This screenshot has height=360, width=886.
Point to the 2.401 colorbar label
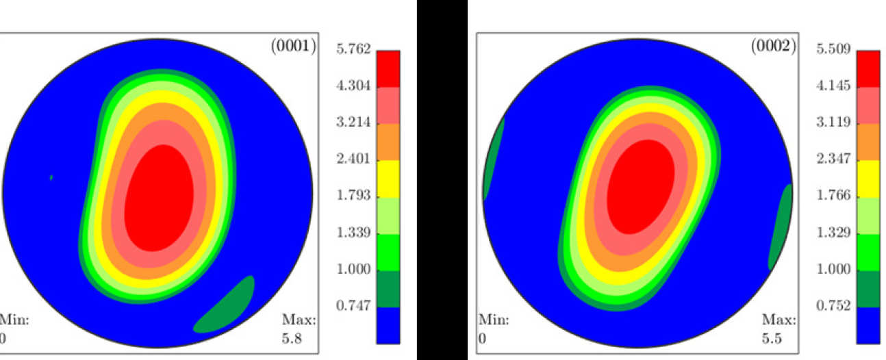pyautogui.click(x=353, y=159)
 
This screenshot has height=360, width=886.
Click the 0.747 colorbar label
pyautogui.click(x=353, y=306)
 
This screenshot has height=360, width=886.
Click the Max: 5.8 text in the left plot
pyautogui.click(x=299, y=329)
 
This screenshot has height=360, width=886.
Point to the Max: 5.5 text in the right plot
pyautogui.click(x=779, y=329)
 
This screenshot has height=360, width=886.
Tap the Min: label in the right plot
pyautogui.click(x=493, y=320)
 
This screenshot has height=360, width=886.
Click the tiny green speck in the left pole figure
pyautogui.click(x=51, y=178)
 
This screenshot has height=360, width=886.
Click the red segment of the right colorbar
pyautogui.click(x=868, y=68)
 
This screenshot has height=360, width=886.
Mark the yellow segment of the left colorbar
pyautogui.click(x=388, y=178)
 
